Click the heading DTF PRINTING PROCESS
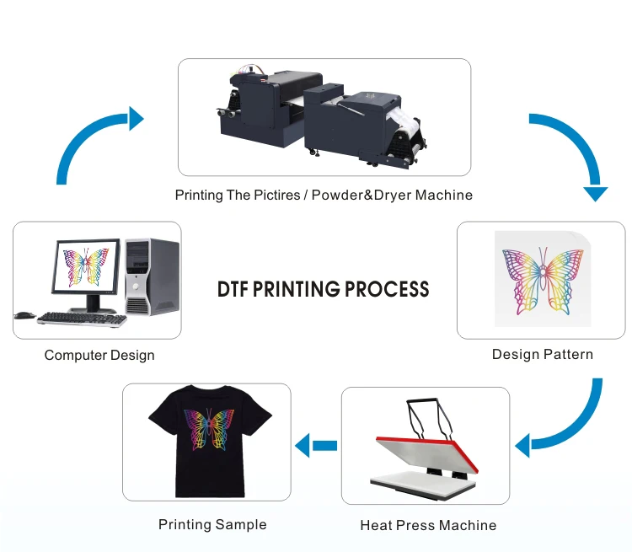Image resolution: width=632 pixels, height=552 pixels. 324,289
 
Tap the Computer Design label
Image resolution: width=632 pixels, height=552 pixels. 99,355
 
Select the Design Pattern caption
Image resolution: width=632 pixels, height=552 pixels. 543,354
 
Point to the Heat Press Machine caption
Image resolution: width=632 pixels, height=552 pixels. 428,525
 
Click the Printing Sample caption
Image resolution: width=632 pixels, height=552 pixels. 212,524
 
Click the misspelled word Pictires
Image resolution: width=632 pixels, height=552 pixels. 277,195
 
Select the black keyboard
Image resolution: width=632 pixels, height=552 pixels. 83,319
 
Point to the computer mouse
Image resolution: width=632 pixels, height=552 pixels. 24,316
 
